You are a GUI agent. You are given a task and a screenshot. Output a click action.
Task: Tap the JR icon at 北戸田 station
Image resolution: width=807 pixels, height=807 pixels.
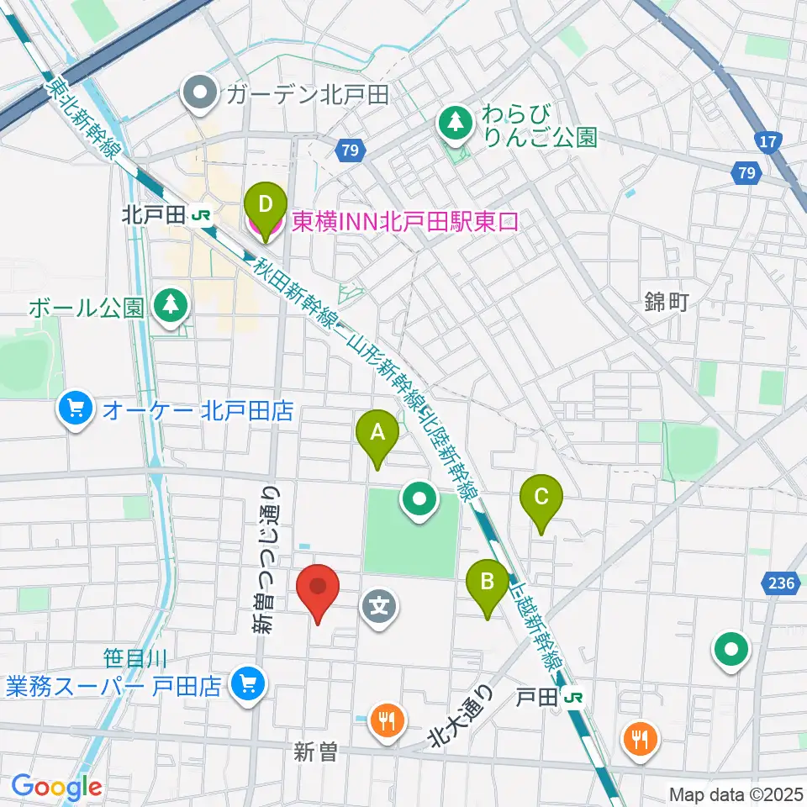(200, 216)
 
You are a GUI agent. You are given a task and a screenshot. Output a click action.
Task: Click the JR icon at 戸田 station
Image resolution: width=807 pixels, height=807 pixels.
(574, 697)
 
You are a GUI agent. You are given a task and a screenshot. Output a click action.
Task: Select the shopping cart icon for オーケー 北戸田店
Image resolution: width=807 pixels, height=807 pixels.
(76, 410)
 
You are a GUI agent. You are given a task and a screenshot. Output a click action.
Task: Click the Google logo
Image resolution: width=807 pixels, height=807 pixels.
(56, 787)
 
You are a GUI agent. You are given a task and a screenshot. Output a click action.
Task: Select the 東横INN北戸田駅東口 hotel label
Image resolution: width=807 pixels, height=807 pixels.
(404, 222)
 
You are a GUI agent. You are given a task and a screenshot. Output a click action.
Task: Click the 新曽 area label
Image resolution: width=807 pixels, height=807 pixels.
(315, 752)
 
